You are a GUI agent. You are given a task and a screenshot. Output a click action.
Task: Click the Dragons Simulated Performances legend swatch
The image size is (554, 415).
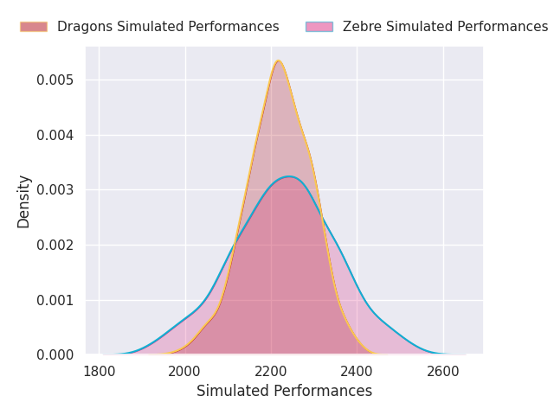34,27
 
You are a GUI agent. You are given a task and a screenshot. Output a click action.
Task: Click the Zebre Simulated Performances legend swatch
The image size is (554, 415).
319,27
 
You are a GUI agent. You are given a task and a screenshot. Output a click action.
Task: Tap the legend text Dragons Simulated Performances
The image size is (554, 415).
168,27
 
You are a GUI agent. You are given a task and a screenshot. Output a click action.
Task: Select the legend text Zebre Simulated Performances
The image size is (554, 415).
445,27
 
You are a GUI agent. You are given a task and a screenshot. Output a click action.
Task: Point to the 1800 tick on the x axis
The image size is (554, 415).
100,372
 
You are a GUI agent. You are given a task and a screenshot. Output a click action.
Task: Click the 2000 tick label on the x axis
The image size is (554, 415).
185,372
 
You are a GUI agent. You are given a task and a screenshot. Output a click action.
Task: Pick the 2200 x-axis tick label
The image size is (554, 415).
271,372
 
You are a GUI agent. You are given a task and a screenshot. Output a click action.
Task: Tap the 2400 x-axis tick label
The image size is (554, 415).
357,372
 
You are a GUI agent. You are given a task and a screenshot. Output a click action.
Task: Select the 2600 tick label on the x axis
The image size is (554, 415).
443,372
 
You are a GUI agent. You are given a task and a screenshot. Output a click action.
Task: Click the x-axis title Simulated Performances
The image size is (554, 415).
284,391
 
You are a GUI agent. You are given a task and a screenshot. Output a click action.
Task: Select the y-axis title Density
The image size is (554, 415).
24,201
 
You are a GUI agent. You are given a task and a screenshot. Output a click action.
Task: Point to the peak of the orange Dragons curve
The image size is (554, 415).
278,61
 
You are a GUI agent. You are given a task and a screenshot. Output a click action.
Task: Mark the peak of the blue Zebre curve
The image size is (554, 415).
289,176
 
